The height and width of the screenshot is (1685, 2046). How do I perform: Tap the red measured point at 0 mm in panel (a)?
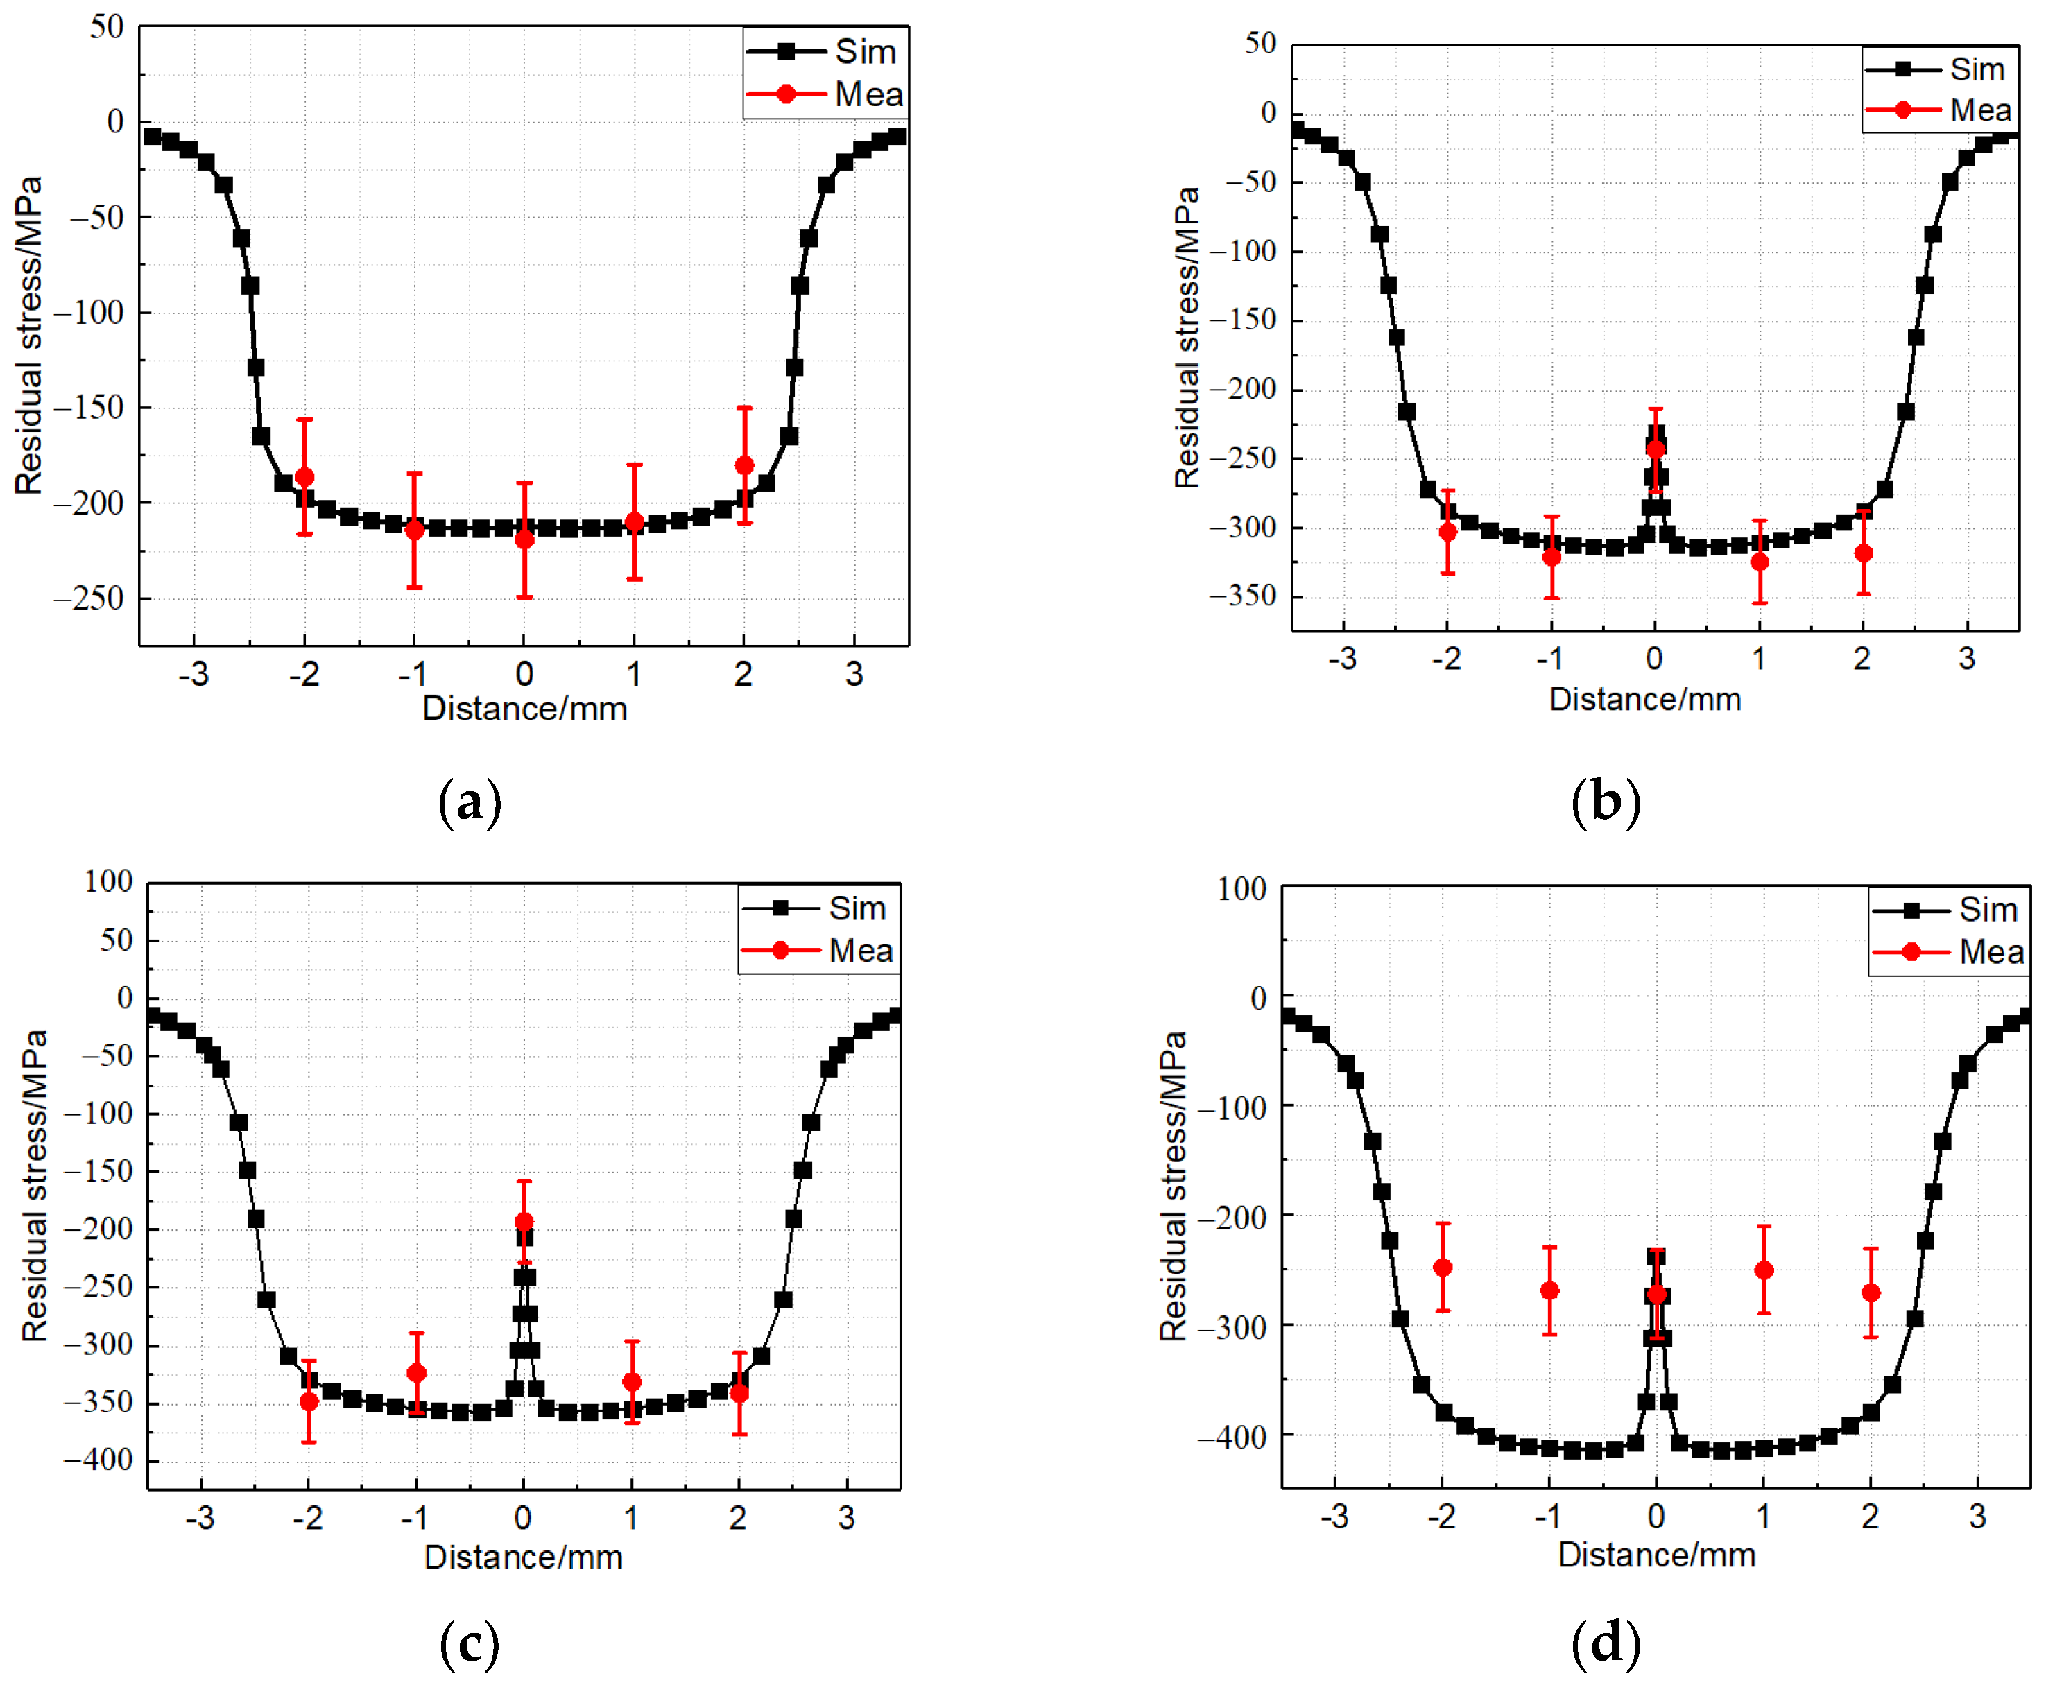524,539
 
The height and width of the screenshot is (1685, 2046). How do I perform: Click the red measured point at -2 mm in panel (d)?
1443,1267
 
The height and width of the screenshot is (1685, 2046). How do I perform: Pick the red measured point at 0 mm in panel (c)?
524,1221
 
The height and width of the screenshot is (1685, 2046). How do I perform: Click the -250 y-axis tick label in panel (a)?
89,598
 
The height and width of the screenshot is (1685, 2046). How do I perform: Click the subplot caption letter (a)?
470,802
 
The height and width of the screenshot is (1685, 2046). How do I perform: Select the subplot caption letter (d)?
1606,1642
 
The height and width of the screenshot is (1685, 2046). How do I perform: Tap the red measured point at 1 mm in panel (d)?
1764,1270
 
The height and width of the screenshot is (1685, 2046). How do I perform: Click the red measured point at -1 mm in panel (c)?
416,1372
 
